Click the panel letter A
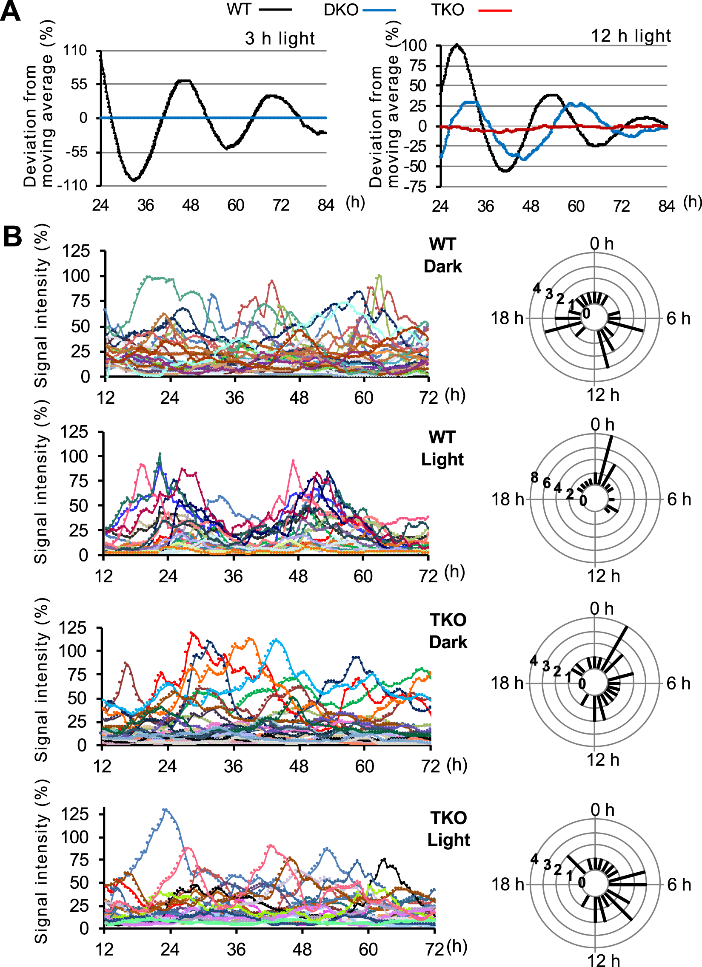tap(10, 11)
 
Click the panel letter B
tap(12, 236)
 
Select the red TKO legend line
tap(495, 10)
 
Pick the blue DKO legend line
tap(379, 10)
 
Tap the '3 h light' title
tap(280, 38)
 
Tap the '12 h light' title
tap(630, 36)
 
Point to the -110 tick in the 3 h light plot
tap(72, 185)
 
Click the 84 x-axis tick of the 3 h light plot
tap(325, 205)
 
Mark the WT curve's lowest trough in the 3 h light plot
tap(134, 180)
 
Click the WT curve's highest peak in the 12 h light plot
tap(457, 44)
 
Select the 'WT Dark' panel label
tap(442, 255)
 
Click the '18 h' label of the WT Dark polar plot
tap(507, 318)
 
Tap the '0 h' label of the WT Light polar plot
tap(602, 425)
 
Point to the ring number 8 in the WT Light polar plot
tap(534, 477)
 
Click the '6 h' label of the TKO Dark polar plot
tap(678, 683)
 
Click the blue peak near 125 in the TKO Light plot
tap(165, 809)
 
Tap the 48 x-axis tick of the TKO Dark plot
tap(299, 767)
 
